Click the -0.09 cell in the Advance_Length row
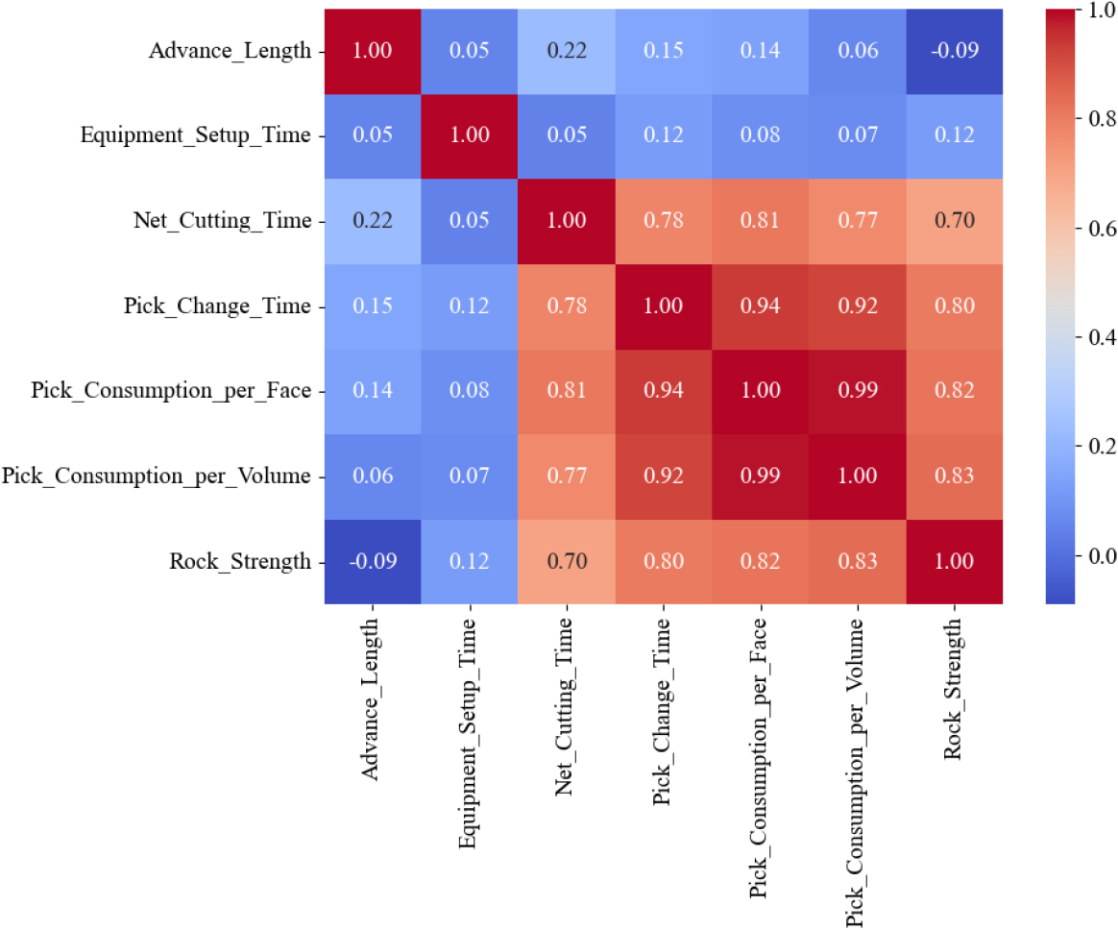coord(954,51)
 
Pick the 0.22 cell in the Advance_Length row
coord(566,51)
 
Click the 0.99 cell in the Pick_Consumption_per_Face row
coord(857,391)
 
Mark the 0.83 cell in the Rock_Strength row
coord(857,561)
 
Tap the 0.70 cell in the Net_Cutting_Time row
coord(954,221)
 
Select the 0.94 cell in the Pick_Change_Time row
coord(760,306)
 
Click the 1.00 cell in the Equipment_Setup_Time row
coord(469,135)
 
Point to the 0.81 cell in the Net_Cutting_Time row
coord(760,221)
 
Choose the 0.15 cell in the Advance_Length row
coord(663,51)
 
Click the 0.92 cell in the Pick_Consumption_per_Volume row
coord(663,477)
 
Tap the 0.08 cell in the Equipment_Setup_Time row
coord(760,135)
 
